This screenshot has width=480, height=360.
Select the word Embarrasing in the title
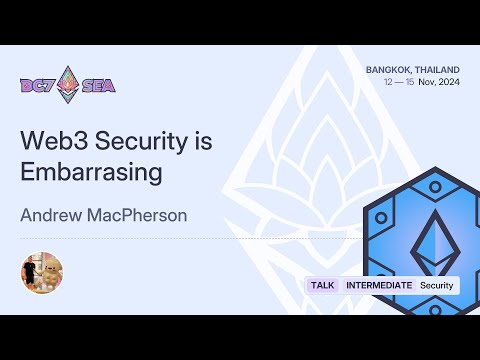[x=91, y=171]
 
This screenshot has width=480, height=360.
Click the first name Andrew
[x=51, y=214]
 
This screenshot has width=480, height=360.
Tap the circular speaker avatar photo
[x=42, y=272]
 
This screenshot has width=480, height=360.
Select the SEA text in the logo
[x=99, y=85]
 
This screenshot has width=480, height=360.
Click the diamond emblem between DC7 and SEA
[x=68, y=84]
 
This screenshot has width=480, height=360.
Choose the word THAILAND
[x=439, y=69]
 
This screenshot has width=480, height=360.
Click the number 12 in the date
[x=388, y=82]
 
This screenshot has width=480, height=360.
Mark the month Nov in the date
[x=427, y=82]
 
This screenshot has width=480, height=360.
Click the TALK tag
[x=323, y=285]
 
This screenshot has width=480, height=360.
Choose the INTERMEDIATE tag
[x=378, y=285]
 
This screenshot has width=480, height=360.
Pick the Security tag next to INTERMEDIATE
[x=436, y=285]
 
